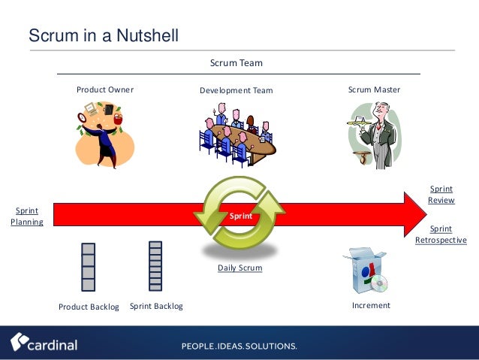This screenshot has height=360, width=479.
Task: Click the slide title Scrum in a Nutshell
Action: click(x=103, y=35)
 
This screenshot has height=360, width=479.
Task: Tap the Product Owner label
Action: click(x=105, y=89)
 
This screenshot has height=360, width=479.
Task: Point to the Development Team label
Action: click(x=236, y=91)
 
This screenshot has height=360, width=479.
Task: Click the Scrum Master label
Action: click(x=374, y=89)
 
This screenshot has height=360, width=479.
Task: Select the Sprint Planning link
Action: click(x=27, y=216)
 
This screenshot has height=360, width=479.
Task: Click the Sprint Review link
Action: click(x=441, y=195)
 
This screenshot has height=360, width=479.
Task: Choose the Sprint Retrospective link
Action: click(x=441, y=234)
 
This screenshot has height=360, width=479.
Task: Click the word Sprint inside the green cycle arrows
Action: click(x=241, y=216)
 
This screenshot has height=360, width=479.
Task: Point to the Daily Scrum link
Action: click(x=239, y=268)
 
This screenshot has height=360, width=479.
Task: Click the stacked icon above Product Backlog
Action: click(x=89, y=267)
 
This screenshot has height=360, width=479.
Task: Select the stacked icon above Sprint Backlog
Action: click(x=155, y=265)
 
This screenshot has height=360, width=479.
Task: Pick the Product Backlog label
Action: click(x=89, y=307)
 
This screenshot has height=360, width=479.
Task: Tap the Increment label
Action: click(x=371, y=306)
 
